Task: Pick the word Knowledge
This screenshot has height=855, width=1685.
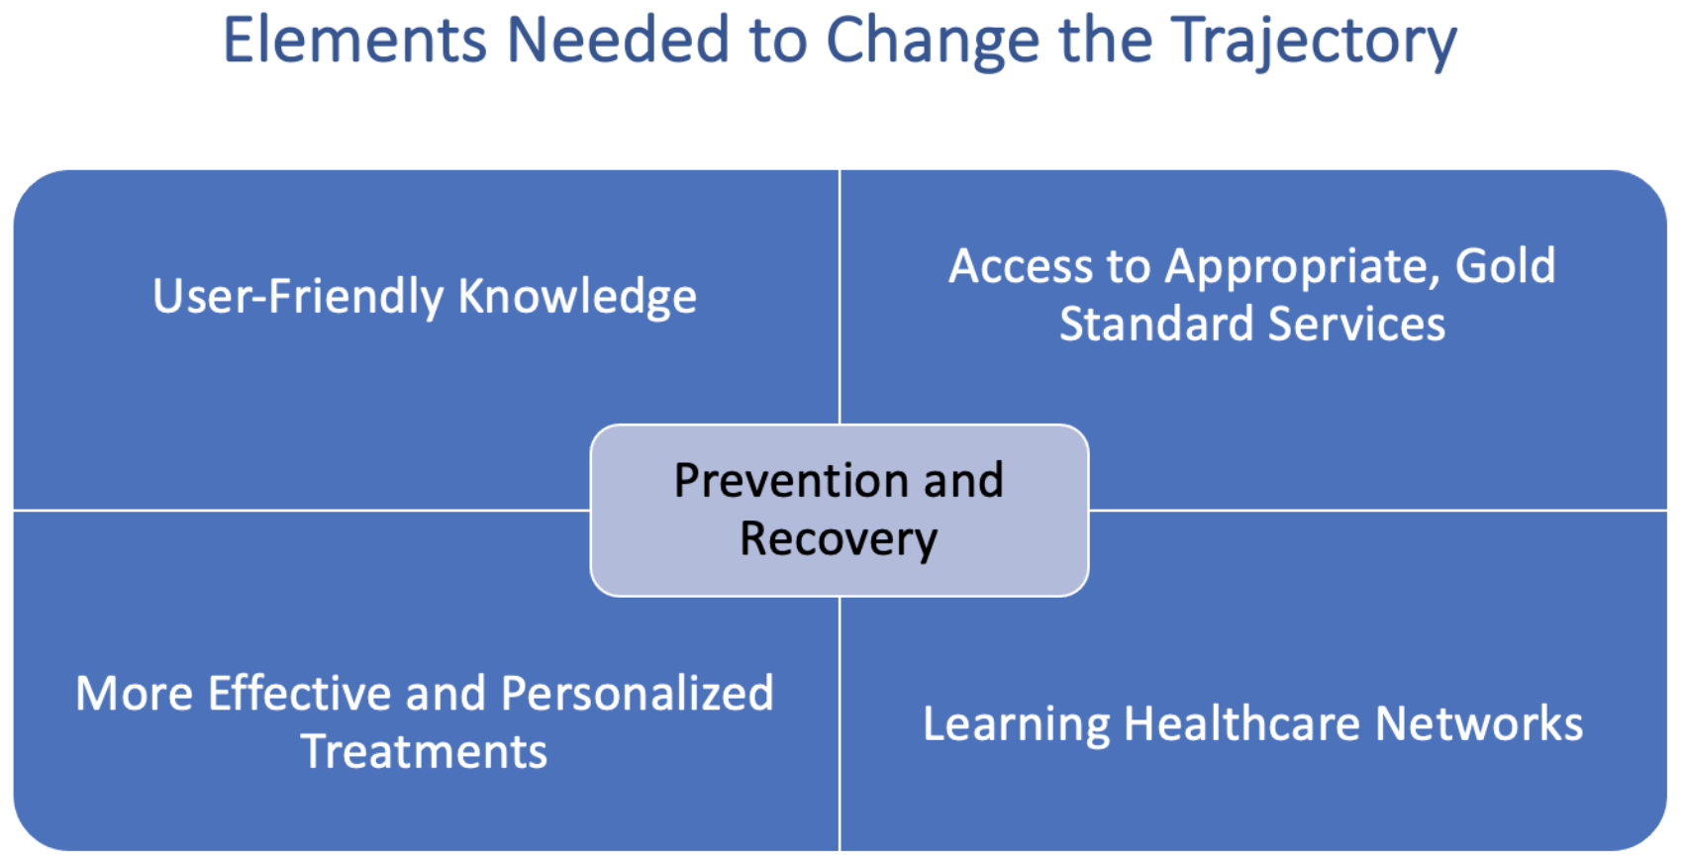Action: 578,297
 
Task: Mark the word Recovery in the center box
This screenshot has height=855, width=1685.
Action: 839,540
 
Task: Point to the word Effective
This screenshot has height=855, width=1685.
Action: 299,693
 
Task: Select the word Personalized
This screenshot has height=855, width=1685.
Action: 637,693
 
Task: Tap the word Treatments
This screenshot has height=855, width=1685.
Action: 425,751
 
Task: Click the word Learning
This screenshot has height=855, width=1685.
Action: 1016,725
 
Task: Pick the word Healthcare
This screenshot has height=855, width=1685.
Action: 1241,723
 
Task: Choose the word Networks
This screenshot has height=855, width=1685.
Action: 1479,723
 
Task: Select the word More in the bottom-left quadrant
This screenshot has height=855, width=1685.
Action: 134,693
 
